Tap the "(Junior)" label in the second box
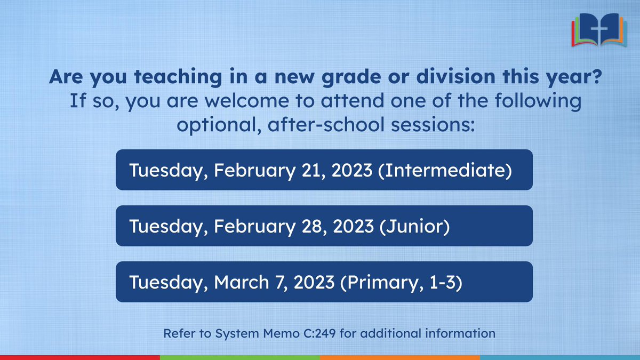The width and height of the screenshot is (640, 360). tap(414, 226)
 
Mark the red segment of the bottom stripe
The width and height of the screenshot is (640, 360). tap(80, 357)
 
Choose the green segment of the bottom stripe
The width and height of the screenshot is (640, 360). tap(240, 357)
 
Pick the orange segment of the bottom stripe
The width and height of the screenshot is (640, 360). tap(400, 357)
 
